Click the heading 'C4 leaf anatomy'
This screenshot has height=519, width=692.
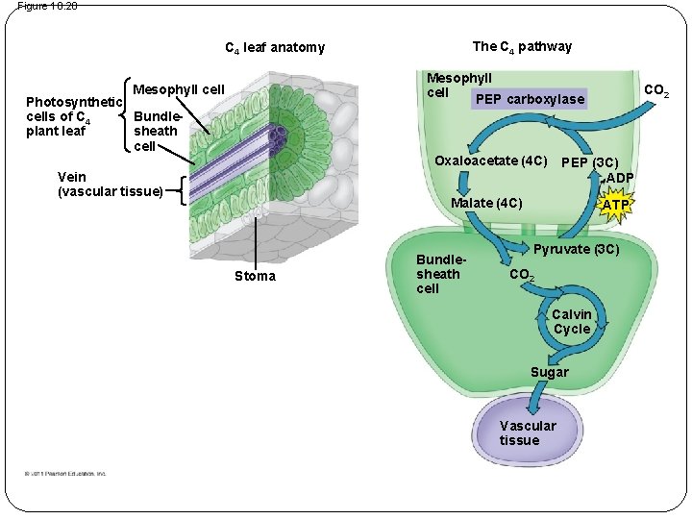[275, 48]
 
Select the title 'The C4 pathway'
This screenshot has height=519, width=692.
[522, 46]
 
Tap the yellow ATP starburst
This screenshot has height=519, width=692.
[615, 206]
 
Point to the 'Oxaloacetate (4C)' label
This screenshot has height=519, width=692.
[491, 160]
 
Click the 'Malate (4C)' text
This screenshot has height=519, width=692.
[486, 203]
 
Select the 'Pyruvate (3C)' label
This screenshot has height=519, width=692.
[577, 250]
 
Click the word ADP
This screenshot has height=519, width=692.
[619, 178]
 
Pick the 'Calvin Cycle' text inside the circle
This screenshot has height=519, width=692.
[572, 322]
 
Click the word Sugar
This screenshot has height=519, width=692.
[550, 372]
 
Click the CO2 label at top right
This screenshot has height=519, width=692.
[656, 91]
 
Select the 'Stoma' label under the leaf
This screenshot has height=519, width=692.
[255, 277]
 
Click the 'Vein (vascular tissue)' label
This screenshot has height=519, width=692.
[111, 185]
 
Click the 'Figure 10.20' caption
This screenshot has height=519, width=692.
[47, 6]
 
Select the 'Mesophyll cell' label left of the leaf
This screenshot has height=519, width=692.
[178, 90]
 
